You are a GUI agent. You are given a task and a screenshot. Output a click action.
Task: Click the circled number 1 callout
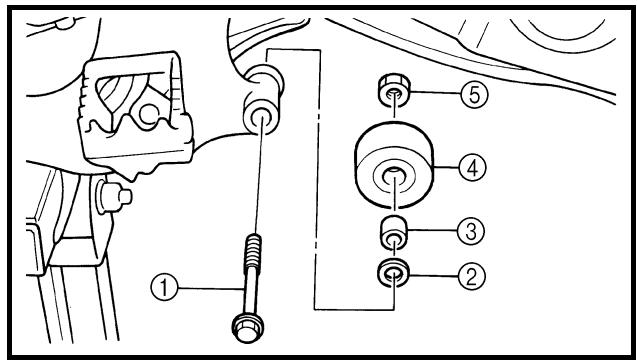(x=165, y=288)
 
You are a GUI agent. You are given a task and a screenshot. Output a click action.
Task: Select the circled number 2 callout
(x=471, y=276)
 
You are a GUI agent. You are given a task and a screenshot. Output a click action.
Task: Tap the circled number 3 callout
(x=471, y=231)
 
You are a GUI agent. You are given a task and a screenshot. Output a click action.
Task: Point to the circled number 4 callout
(x=472, y=167)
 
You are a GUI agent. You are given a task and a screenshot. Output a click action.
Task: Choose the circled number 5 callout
(x=474, y=94)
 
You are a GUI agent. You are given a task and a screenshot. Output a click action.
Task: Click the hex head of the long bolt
(x=247, y=328)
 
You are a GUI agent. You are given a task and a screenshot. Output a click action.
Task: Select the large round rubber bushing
(x=394, y=165)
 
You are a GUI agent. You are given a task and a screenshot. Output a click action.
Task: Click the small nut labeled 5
(x=394, y=90)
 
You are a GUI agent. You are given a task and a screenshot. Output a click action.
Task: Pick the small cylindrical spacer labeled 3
(x=394, y=233)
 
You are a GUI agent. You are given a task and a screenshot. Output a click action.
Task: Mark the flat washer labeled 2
(x=394, y=272)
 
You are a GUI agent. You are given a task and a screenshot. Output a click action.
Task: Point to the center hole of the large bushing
(x=394, y=176)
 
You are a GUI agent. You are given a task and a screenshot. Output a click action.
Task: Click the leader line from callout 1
(x=211, y=288)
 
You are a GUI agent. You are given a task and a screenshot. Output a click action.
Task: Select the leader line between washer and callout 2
(x=433, y=275)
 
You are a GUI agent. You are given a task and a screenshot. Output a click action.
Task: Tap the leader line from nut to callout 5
(x=435, y=93)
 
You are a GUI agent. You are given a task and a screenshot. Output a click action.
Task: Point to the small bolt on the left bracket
(x=114, y=197)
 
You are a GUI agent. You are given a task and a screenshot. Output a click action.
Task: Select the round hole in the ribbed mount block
(x=149, y=115)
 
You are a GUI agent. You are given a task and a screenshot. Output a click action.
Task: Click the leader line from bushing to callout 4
(x=446, y=167)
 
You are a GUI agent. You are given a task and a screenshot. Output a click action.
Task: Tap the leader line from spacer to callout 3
(x=432, y=230)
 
